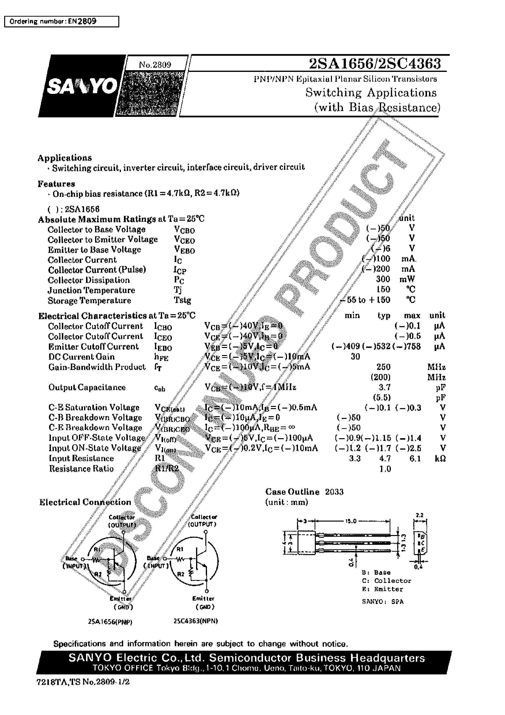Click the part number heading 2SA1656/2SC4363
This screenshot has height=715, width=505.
click(374, 64)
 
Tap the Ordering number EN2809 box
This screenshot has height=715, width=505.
click(61, 22)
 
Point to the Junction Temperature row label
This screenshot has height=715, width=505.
click(91, 290)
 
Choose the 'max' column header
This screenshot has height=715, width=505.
click(412, 315)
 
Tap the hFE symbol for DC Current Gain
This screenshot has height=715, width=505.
click(161, 357)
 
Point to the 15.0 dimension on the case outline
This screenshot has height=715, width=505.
click(351, 521)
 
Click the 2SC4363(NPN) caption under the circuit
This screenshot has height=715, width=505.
click(196, 621)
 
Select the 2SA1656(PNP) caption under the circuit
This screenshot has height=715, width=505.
click(110, 622)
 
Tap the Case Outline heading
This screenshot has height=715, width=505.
click(292, 492)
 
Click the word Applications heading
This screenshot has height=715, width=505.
click(65, 158)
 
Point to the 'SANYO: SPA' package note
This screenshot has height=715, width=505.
click(382, 602)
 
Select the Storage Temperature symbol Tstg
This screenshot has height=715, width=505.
click(182, 300)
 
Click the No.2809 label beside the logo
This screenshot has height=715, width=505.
click(155, 65)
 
